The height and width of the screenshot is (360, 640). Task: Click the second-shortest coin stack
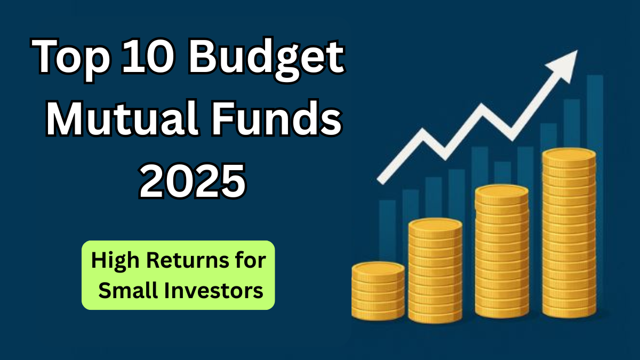435,269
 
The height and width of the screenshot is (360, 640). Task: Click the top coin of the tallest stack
569,155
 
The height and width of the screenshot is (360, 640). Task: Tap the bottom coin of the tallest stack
569,310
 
